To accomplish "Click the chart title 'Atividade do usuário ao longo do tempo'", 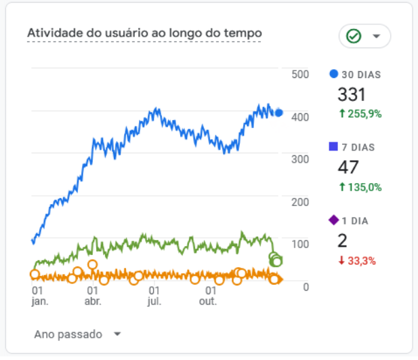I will click(144, 33).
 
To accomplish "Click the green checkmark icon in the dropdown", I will click(353, 36).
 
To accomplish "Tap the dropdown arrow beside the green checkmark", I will click(377, 37).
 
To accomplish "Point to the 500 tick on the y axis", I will click(300, 75).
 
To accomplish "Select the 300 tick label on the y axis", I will click(300, 159).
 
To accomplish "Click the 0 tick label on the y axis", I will click(306, 287).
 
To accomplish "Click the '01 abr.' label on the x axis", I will click(93, 295).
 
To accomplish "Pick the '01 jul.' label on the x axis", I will click(154, 295).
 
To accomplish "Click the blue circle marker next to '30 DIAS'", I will click(333, 74).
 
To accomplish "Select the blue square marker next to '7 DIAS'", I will click(333, 147).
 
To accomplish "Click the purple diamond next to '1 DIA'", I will click(333, 220).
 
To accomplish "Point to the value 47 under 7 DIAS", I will click(348, 167).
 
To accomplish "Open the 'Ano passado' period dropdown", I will click(77, 334).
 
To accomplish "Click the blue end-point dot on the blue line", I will click(278, 113).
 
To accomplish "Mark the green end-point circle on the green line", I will click(276, 261).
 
